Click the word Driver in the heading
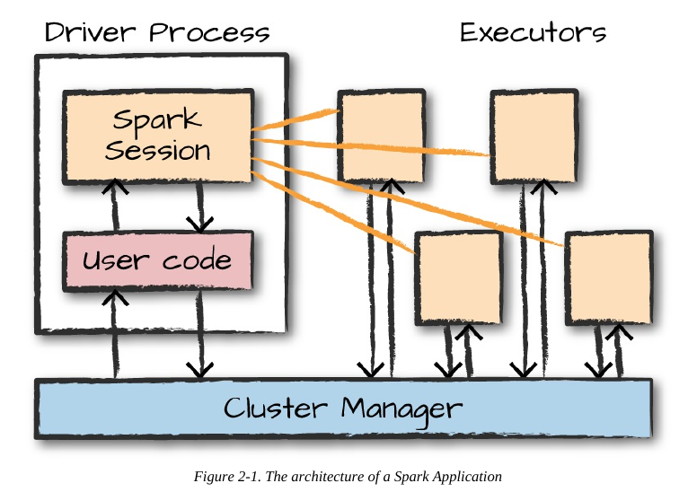pos(84,32)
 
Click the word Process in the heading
pos(209,33)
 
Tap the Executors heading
pos(533,32)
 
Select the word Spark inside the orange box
pos(157,119)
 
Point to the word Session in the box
pos(157,150)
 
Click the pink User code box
pos(158,261)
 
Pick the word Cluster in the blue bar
pos(276,408)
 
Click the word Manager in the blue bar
pos(401,409)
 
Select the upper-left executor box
pos(382,136)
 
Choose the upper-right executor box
pos(534,136)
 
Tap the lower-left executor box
pos(459,278)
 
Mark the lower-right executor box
pos(609,278)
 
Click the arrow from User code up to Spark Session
pos(115,205)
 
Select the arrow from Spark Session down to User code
pos(200,206)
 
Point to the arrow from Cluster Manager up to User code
pos(115,334)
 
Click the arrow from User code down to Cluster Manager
pos(200,334)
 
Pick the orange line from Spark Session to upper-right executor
pos(370,146)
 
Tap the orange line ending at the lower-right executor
pos(408,201)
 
